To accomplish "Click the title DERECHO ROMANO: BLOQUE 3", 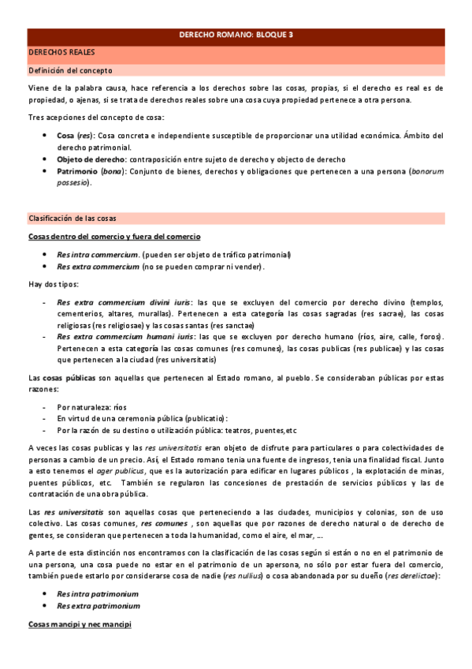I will click(x=236, y=36).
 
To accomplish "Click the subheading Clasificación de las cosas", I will click(x=73, y=217).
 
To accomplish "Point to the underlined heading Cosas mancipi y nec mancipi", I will click(x=80, y=624).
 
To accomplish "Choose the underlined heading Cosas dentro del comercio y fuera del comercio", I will click(x=114, y=236).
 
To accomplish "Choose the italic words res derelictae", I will click(x=410, y=576).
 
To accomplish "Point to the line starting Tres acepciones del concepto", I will click(x=95, y=118).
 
